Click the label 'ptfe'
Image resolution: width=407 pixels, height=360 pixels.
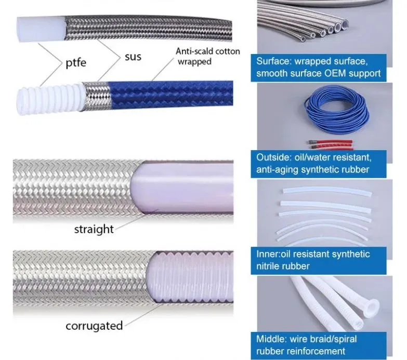pos(76,63)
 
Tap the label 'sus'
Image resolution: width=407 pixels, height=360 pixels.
pos(133,56)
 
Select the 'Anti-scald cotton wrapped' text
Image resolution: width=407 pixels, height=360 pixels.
pos(207,56)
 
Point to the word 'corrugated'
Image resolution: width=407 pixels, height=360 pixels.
pos(94,326)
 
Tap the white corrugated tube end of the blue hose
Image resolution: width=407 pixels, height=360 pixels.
pos(50,97)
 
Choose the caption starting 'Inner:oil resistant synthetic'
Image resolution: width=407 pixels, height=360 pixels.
pos(313,260)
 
